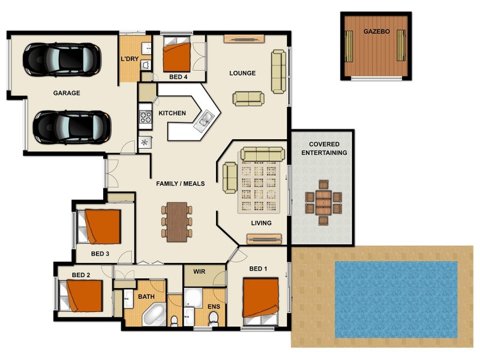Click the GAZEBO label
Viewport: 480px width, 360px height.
(x=376, y=31)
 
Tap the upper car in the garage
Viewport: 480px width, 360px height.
(x=61, y=58)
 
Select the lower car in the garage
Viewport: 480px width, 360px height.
(x=71, y=126)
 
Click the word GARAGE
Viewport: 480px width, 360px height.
(x=67, y=93)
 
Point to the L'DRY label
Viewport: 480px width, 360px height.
(x=130, y=59)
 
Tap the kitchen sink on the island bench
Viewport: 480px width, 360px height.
(x=205, y=119)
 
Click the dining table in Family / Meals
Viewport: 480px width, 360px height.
(x=176, y=221)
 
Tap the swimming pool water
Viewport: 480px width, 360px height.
(x=395, y=298)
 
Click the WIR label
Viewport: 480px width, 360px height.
(x=199, y=272)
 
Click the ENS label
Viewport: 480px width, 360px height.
(x=214, y=306)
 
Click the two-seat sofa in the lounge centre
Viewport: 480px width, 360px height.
(x=248, y=98)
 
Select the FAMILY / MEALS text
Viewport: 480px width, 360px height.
(x=180, y=184)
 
